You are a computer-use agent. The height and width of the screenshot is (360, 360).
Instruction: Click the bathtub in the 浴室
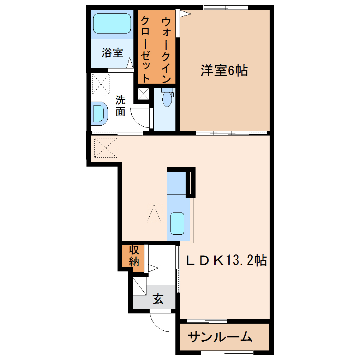pyautogui.click(x=112, y=23)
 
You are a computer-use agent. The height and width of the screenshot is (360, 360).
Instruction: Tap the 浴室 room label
pyautogui.click(x=113, y=53)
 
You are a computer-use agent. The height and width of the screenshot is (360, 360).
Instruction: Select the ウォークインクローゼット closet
pyautogui.click(x=156, y=47)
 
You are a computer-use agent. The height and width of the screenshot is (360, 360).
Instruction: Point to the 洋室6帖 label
pyautogui.click(x=224, y=70)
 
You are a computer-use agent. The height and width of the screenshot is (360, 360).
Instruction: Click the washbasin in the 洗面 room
pyautogui.click(x=100, y=113)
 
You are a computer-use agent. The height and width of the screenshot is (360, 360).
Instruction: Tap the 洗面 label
pyautogui.click(x=120, y=106)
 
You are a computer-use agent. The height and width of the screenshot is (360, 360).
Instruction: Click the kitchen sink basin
pyautogui.click(x=177, y=223)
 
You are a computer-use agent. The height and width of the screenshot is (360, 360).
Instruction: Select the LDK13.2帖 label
pyautogui.click(x=226, y=260)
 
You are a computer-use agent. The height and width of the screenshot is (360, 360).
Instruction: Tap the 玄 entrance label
pyautogui.click(x=158, y=299)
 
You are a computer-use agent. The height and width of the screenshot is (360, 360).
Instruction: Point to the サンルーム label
pyautogui.click(x=220, y=337)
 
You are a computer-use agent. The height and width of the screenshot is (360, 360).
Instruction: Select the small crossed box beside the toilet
pyautogui.click(x=144, y=94)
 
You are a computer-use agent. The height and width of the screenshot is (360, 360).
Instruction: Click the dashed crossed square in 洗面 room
pyautogui.click(x=101, y=84)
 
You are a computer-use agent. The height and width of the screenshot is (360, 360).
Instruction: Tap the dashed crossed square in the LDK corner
pyautogui.click(x=106, y=148)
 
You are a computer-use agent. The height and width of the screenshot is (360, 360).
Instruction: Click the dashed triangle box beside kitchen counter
pyautogui.click(x=154, y=214)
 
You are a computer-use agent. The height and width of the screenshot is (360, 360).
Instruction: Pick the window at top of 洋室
pyautogui.click(x=226, y=7)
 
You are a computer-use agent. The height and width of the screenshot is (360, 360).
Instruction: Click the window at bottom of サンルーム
pyautogui.click(x=227, y=353)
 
